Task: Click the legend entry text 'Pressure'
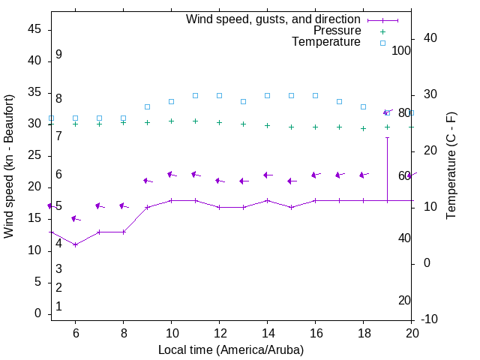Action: [337, 31]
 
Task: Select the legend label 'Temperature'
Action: [326, 42]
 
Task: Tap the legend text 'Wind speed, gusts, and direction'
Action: [274, 19]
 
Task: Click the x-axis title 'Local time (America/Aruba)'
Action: [231, 349]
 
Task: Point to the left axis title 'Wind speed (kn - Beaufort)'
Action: [9, 166]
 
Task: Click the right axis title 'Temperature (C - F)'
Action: [451, 166]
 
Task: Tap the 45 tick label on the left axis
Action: [34, 29]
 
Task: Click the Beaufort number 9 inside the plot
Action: [58, 55]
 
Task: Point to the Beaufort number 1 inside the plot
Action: [58, 306]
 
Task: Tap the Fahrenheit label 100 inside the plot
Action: [401, 50]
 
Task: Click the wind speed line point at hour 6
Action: [75, 244]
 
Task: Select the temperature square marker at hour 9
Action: [147, 107]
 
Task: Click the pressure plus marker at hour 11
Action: [195, 121]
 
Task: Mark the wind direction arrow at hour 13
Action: [243, 181]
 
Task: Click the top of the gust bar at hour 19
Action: [387, 138]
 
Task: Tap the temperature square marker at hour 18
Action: [363, 107]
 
